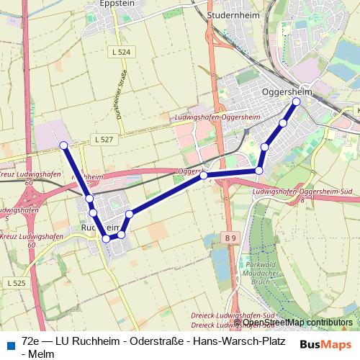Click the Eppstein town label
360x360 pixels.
click(x=118, y=4)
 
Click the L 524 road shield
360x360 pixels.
click(x=122, y=53)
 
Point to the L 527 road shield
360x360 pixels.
click(x=102, y=138)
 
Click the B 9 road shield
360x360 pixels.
click(x=230, y=237)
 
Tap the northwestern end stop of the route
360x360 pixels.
click(x=63, y=145)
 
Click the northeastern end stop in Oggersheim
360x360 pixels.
click(x=296, y=102)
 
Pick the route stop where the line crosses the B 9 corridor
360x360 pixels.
click(x=204, y=175)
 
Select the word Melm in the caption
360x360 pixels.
click(x=37, y=353)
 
